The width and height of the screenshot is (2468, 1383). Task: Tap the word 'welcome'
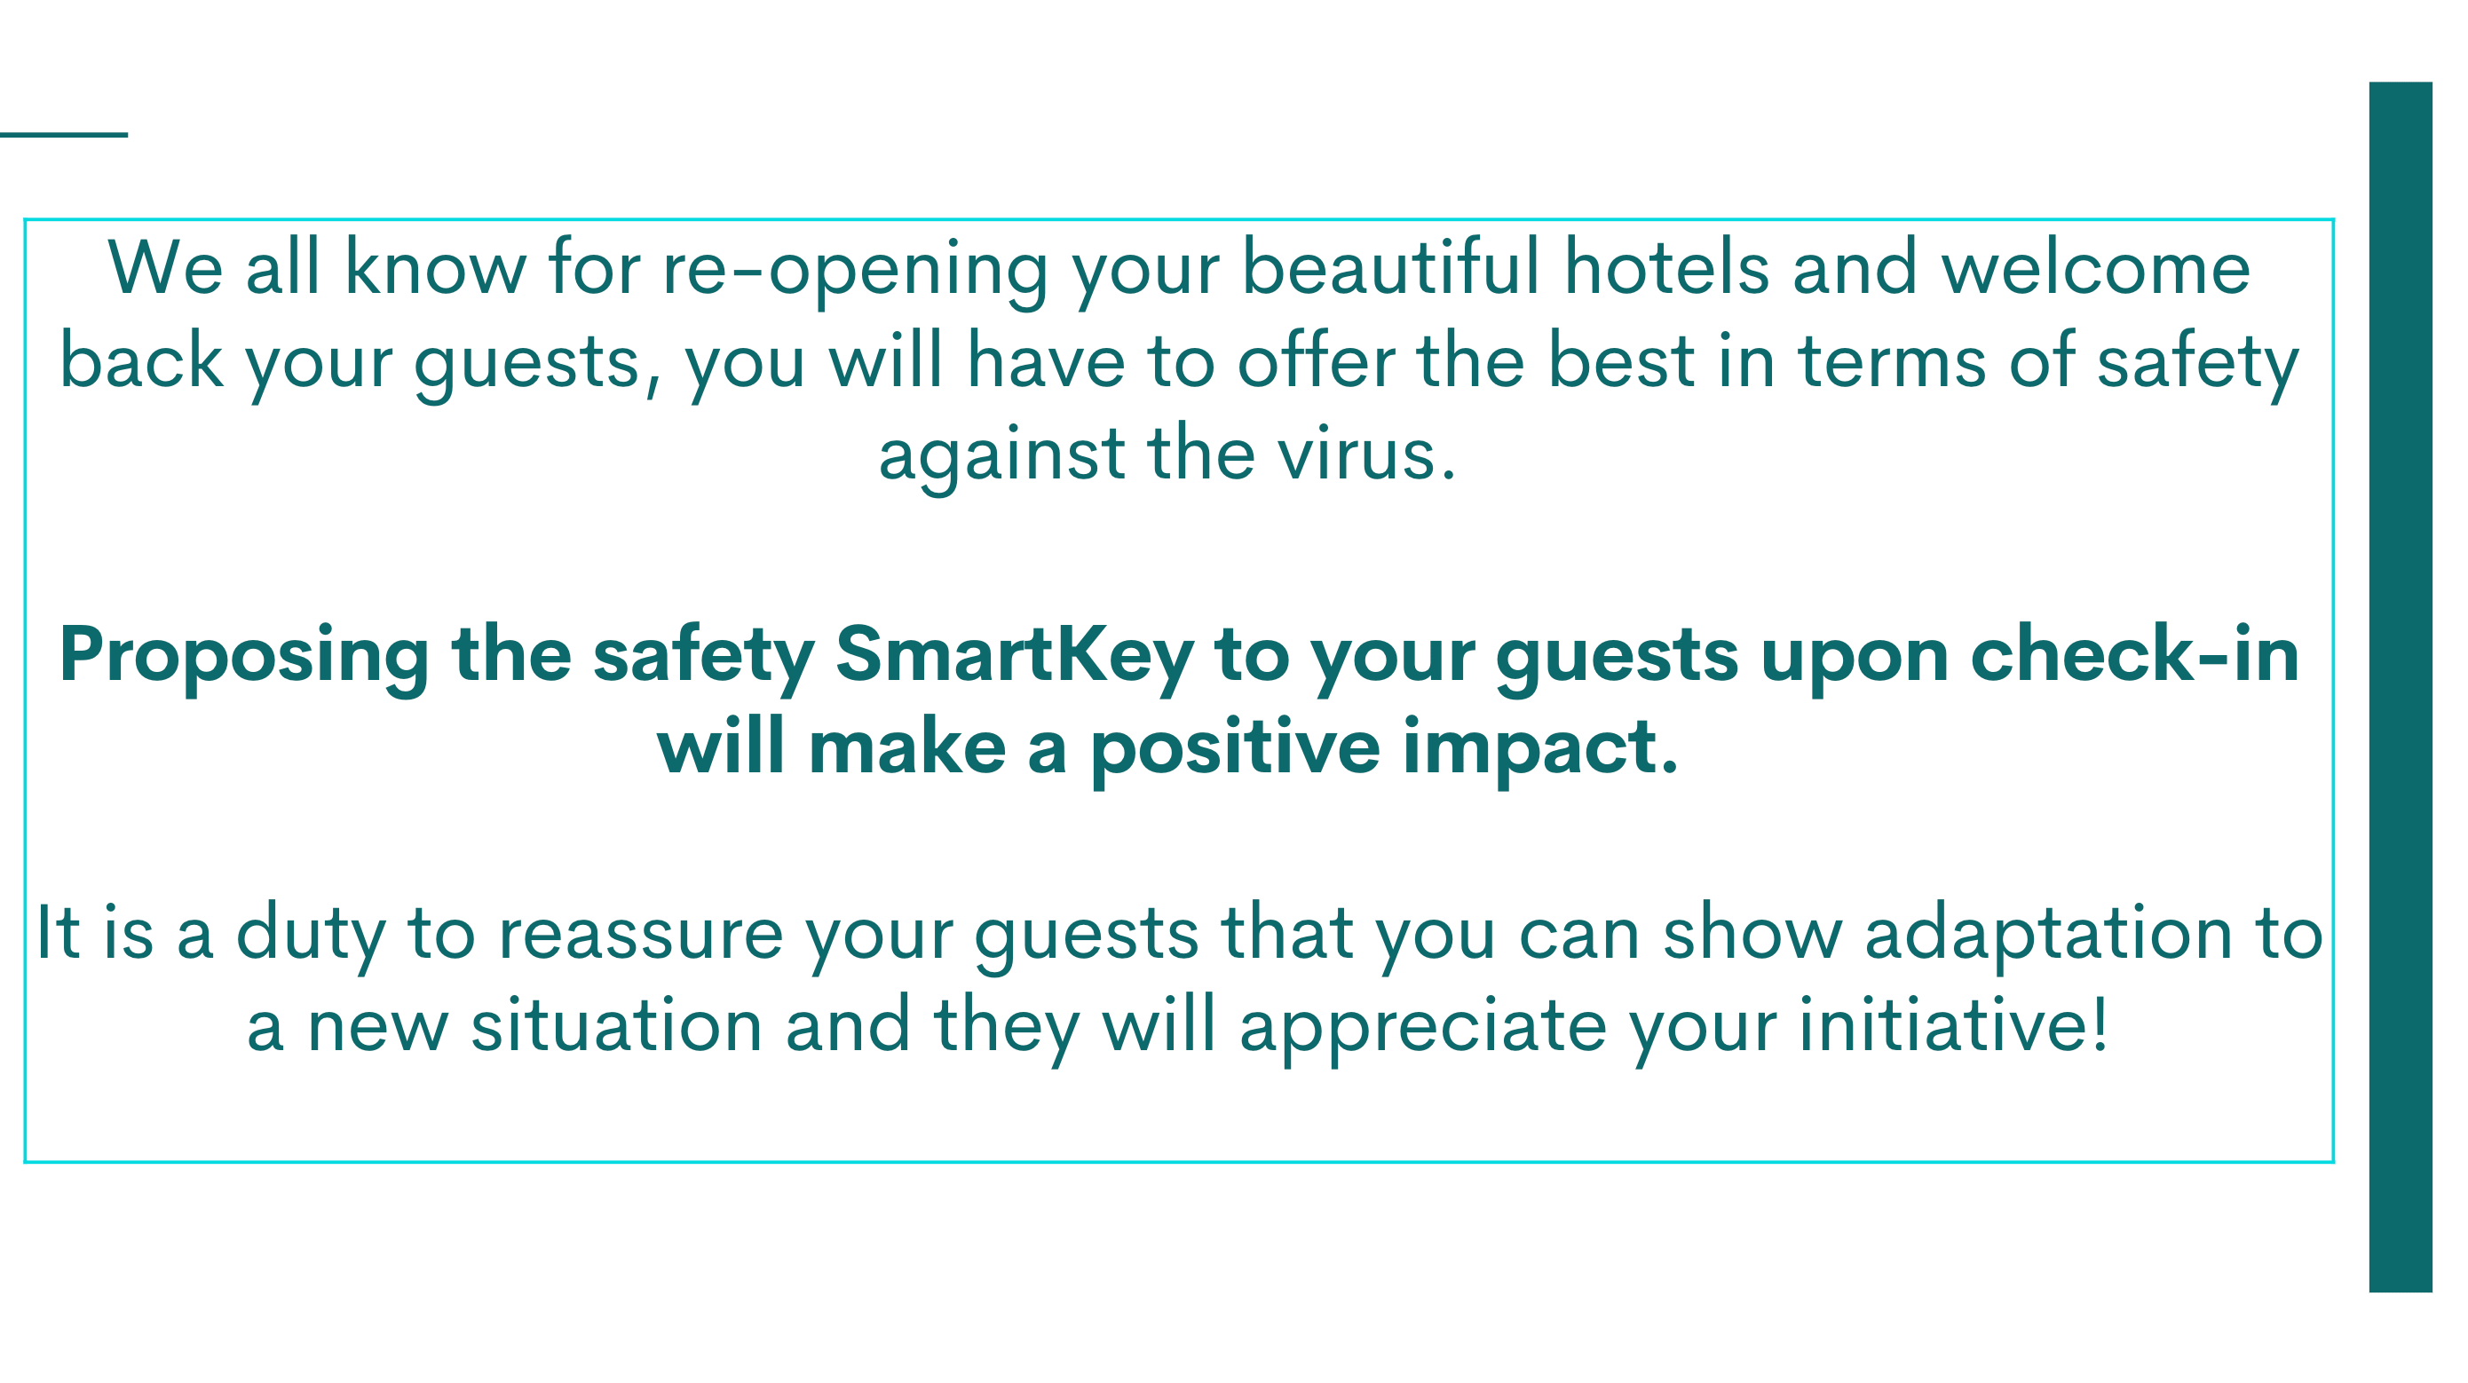2096,268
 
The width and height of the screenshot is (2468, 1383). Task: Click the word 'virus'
1366,454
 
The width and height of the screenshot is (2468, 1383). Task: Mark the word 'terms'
1892,362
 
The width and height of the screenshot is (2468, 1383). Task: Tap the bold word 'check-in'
2134,654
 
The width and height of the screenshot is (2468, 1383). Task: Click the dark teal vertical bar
2401,687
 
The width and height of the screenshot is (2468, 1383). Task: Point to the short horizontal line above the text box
63,135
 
